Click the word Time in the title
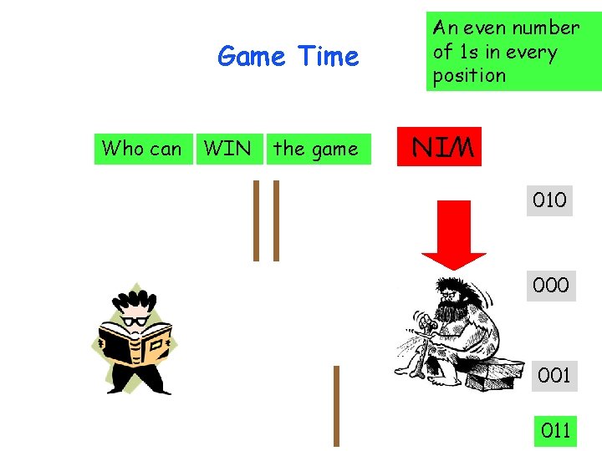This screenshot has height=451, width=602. (x=328, y=57)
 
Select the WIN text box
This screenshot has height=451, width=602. (x=227, y=149)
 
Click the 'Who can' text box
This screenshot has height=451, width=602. (x=141, y=149)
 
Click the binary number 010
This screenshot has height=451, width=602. (x=549, y=200)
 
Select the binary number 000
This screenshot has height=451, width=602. (x=550, y=286)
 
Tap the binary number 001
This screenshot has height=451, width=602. (x=554, y=376)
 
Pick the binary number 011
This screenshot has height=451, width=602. (x=555, y=431)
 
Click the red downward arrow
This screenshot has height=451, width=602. (x=453, y=239)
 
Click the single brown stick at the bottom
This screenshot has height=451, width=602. (x=336, y=406)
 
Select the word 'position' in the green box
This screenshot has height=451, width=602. (x=469, y=75)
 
